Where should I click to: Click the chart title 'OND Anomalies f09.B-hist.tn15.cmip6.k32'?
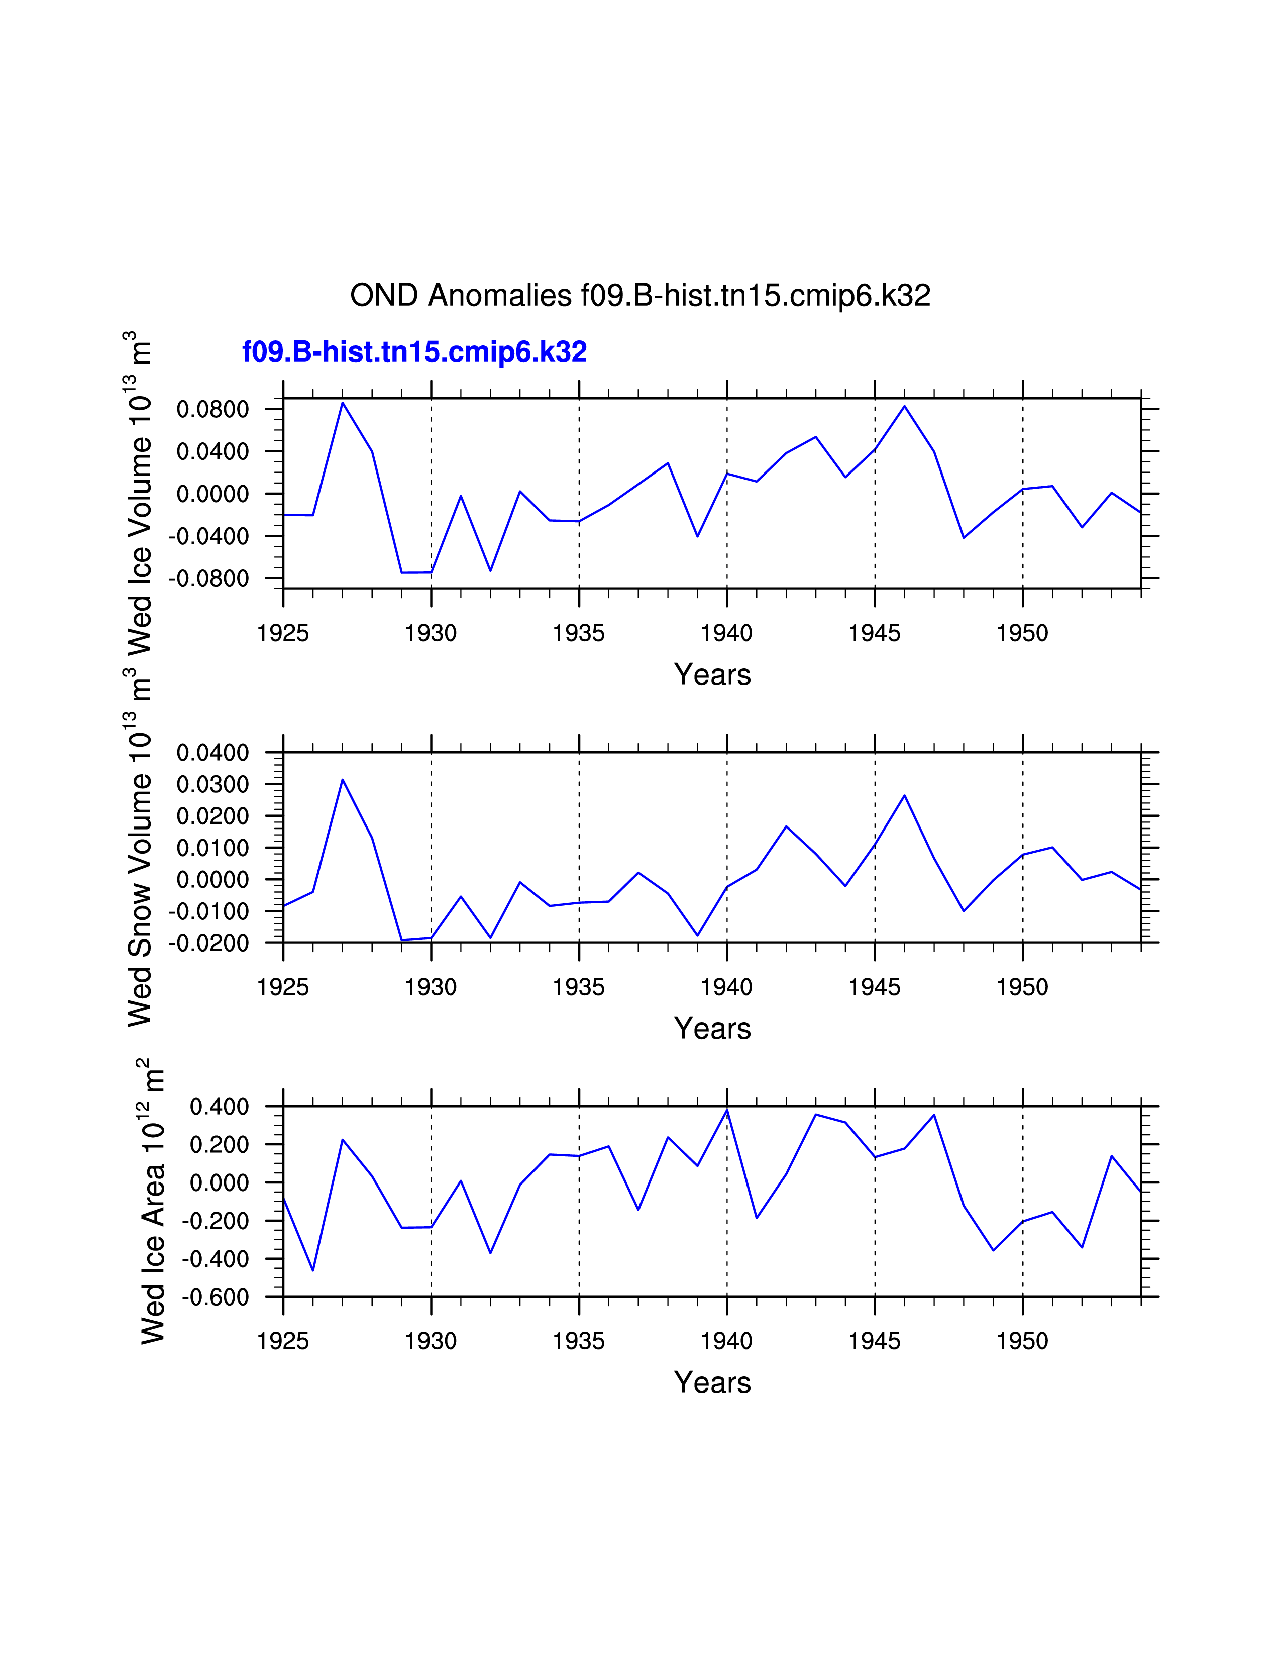coord(639,295)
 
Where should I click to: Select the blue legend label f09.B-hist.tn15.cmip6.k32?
coord(414,352)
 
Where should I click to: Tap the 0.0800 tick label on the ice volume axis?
coord(212,410)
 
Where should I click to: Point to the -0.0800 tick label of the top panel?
coord(208,579)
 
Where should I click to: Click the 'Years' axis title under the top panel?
coord(712,674)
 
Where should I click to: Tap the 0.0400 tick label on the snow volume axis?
coord(212,753)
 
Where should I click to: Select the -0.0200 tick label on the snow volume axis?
coord(208,943)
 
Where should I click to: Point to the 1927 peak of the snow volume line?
coord(342,780)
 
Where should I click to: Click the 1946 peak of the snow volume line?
coord(905,796)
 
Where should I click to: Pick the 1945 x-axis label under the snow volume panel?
coord(874,987)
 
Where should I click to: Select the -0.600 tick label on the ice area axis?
coord(215,1297)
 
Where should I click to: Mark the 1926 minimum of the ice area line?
coord(312,1270)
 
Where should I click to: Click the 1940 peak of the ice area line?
coord(727,1110)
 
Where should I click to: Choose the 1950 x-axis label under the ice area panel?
coord(1022,1341)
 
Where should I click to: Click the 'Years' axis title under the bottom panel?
coord(712,1382)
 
